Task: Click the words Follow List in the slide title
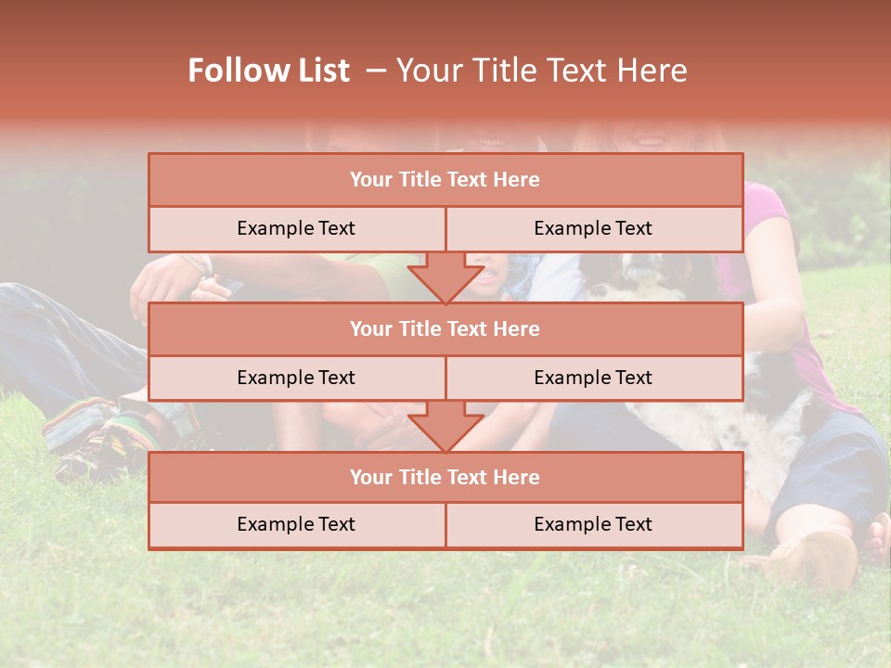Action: pyautogui.click(x=268, y=71)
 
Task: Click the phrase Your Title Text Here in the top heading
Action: pyautogui.click(x=541, y=71)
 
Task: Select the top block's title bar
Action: pyautogui.click(x=445, y=179)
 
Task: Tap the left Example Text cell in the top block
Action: pyautogui.click(x=296, y=228)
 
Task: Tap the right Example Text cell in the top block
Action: pyautogui.click(x=593, y=228)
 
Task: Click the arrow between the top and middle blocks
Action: pyautogui.click(x=445, y=277)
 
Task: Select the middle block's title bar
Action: pyautogui.click(x=445, y=328)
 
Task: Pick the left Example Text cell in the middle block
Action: pyautogui.click(x=296, y=378)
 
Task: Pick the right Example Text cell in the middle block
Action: pyautogui.click(x=593, y=378)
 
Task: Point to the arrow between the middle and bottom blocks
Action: pyautogui.click(x=445, y=426)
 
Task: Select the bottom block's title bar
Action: pyautogui.click(x=445, y=477)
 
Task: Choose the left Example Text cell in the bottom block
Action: pyautogui.click(x=296, y=524)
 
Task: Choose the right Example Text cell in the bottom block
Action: pyautogui.click(x=593, y=524)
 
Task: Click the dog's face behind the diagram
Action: pyautogui.click(x=640, y=269)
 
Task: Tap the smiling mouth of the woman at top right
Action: pyautogui.click(x=650, y=140)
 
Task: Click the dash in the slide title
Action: pyautogui.click(x=375, y=71)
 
